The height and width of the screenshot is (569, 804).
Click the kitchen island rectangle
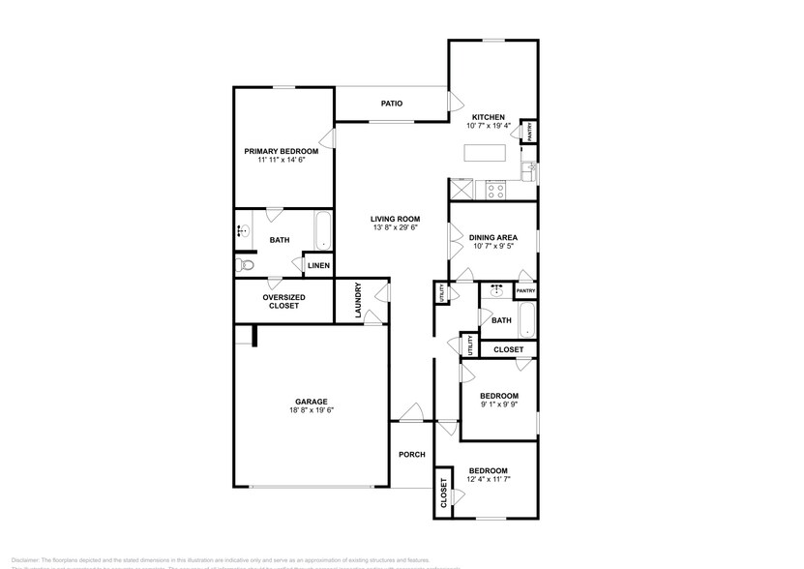485,153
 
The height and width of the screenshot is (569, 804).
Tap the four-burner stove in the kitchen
495,190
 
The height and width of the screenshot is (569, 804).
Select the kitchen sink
528,172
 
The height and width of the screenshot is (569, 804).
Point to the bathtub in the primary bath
323,232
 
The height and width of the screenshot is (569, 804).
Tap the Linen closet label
318,266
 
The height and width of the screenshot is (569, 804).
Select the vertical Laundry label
358,301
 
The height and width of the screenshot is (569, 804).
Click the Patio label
391,104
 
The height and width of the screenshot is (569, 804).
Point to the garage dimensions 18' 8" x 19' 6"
311,411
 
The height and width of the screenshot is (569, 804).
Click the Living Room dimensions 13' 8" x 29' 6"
395,229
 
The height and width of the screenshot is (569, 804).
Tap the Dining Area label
492,237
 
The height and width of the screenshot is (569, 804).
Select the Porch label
412,455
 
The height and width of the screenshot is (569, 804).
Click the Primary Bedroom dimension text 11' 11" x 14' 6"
282,161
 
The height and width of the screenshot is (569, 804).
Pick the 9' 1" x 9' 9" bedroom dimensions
499,405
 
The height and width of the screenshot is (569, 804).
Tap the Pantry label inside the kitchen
529,131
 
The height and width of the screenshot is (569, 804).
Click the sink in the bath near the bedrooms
496,289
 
